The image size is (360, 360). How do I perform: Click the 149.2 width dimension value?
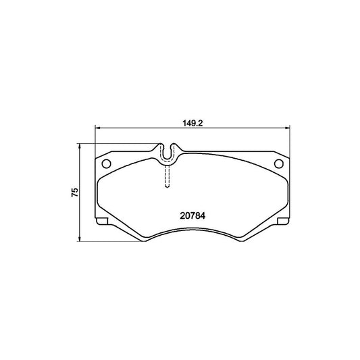[x=192, y=124]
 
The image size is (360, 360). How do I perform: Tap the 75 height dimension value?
[x=75, y=192]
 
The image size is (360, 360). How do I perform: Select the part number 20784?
[x=192, y=216]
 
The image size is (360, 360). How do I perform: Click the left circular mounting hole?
[x=106, y=163]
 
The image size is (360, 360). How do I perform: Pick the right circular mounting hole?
[x=279, y=163]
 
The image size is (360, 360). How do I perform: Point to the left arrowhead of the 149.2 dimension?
[x=98, y=128]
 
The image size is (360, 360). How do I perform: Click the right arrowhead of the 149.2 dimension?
[x=287, y=128]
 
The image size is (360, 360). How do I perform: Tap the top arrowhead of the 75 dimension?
[x=79, y=147]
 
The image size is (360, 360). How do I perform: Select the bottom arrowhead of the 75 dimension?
[x=79, y=238]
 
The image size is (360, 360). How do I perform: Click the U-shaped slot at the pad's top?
[x=168, y=153]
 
